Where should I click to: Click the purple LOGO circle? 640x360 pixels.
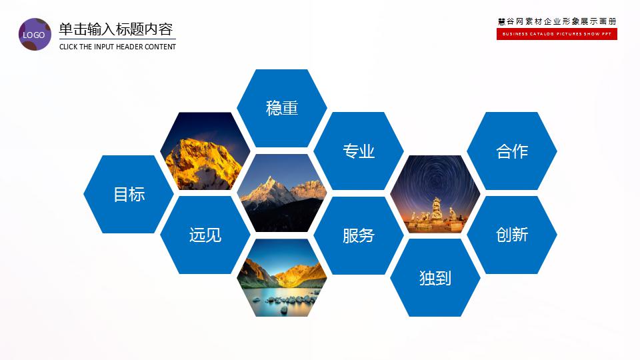click(x=35, y=35)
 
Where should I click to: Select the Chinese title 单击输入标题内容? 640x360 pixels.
click(x=116, y=29)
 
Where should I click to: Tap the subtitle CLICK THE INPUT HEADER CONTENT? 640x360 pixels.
click(x=117, y=47)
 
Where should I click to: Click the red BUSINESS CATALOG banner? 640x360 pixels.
click(x=557, y=34)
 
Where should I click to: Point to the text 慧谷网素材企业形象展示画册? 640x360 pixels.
click(x=557, y=21)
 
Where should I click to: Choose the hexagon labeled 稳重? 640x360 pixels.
click(x=282, y=108)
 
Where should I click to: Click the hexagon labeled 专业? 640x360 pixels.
click(x=359, y=151)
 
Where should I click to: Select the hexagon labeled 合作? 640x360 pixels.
click(x=512, y=151)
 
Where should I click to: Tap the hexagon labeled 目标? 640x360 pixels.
click(x=129, y=194)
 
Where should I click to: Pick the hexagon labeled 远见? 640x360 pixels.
click(x=205, y=235)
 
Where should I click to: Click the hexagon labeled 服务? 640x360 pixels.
click(x=359, y=235)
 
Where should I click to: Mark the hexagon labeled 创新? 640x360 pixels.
click(x=512, y=235)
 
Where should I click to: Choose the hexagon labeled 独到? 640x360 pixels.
click(x=435, y=278)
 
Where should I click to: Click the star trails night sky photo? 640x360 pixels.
click(x=435, y=177)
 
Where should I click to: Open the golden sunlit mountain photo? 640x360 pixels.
click(x=205, y=151)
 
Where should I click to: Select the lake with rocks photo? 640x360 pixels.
click(x=282, y=278)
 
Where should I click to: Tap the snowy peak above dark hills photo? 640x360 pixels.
click(x=282, y=193)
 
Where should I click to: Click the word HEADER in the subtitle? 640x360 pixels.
click(x=136, y=47)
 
